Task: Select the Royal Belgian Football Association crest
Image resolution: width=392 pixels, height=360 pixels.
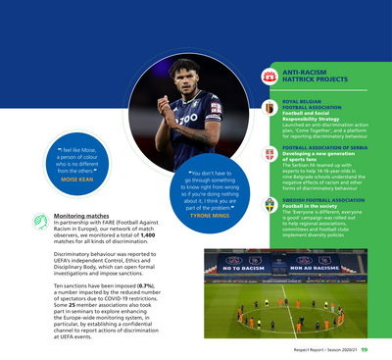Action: [269, 107]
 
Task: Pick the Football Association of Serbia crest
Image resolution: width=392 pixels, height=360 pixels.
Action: [269, 156]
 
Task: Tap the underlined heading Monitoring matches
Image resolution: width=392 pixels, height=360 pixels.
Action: [81, 215]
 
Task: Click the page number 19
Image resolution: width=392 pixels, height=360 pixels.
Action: [365, 346]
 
